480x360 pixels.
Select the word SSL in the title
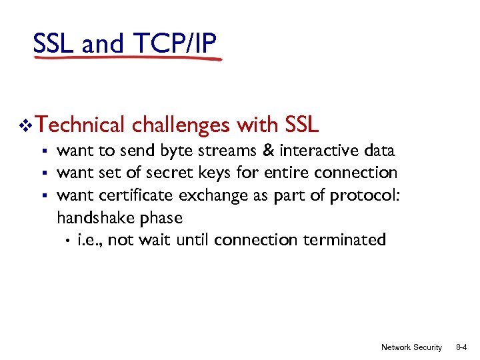click(x=54, y=43)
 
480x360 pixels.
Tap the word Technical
click(x=81, y=125)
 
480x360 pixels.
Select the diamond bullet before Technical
click(x=26, y=125)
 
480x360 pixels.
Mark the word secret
click(x=171, y=173)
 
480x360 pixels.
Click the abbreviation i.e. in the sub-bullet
click(x=89, y=240)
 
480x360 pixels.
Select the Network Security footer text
click(x=411, y=347)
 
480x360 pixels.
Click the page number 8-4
click(x=461, y=347)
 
